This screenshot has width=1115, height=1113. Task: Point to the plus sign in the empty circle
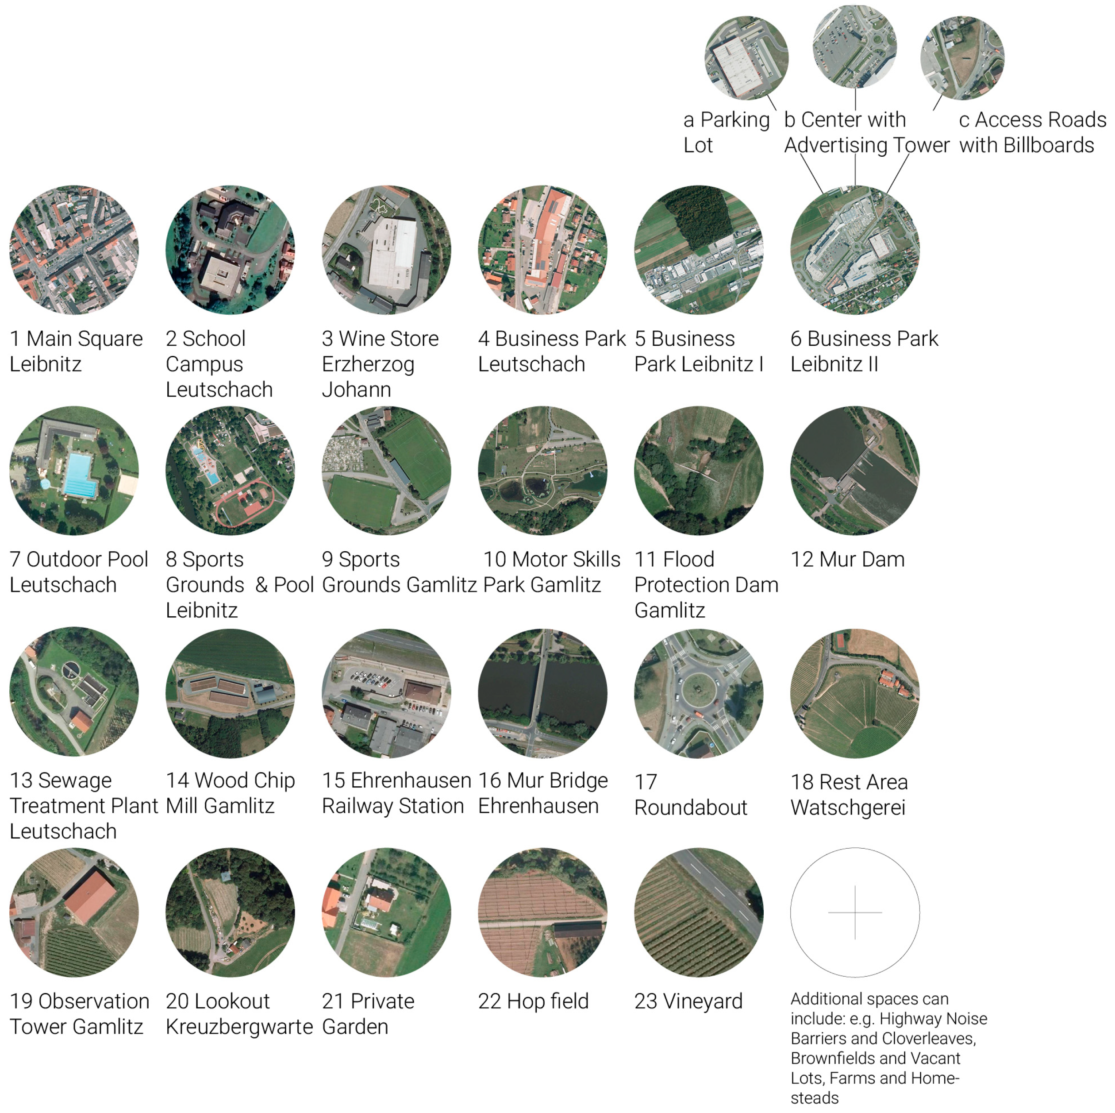855,912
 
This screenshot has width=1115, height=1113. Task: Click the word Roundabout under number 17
690,808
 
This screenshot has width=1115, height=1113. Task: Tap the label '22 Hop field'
533,1001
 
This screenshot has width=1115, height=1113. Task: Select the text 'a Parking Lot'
726,131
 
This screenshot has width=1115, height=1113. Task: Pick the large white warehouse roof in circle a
739,62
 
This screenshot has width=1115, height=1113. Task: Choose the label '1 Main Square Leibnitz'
76,351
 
